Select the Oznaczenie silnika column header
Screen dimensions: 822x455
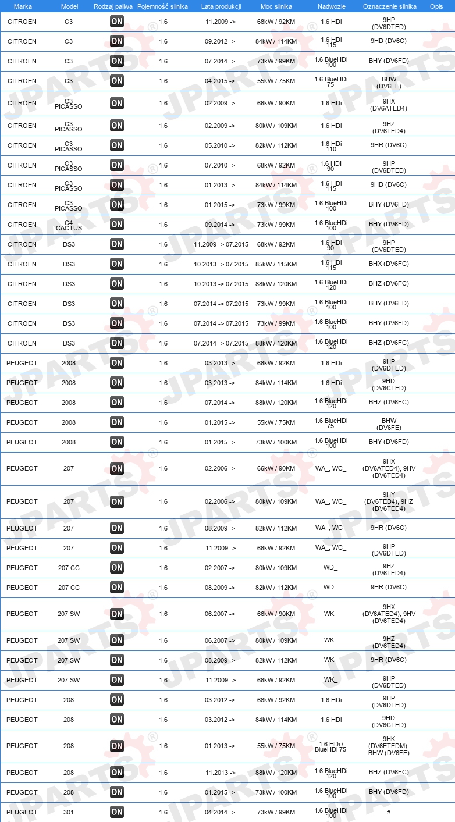tap(389, 6)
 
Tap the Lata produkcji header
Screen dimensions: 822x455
tap(221, 6)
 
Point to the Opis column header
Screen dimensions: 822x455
tap(436, 6)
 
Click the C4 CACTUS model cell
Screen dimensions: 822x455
tap(69, 225)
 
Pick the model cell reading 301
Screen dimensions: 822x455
tap(69, 812)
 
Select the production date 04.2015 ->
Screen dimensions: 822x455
tap(220, 81)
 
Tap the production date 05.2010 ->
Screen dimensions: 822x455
tap(220, 145)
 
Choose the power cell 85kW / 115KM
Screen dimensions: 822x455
tap(276, 264)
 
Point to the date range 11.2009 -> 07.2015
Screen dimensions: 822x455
tap(221, 244)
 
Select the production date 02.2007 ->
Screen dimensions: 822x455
tap(220, 568)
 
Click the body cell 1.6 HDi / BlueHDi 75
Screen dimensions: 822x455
tap(330, 746)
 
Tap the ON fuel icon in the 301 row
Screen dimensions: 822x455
tap(117, 812)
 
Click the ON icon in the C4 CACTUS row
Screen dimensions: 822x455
tap(117, 225)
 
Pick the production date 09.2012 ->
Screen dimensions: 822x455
tap(220, 42)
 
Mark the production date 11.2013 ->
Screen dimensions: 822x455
tap(220, 773)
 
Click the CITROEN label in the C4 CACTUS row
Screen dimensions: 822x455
tap(22, 225)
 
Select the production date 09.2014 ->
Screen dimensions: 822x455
tap(220, 225)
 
